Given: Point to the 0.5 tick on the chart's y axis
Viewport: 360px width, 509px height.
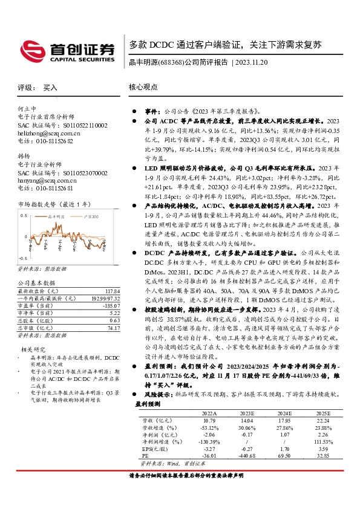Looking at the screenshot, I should pyautogui.click(x=24, y=215).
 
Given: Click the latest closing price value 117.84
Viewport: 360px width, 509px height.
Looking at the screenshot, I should pyautogui.click(x=111, y=291).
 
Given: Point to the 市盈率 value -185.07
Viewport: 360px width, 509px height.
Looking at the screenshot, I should pyautogui.click(x=111, y=305).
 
